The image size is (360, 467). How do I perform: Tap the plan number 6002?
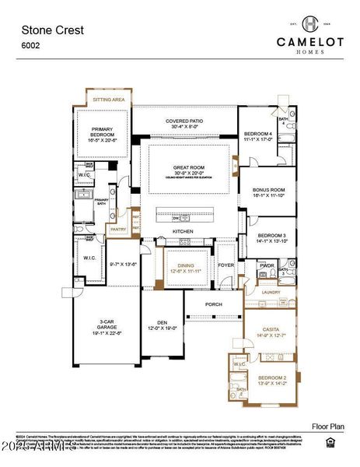point(30,47)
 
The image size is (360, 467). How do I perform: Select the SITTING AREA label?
point(108,100)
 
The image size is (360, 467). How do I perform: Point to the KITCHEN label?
point(183,232)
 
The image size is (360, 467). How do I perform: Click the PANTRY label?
point(118,230)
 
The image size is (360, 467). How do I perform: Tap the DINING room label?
point(185,265)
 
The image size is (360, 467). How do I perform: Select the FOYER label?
point(225,265)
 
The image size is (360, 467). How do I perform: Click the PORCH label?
point(214,304)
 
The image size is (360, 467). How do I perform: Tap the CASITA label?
point(271,329)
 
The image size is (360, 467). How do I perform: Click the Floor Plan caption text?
point(327,427)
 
